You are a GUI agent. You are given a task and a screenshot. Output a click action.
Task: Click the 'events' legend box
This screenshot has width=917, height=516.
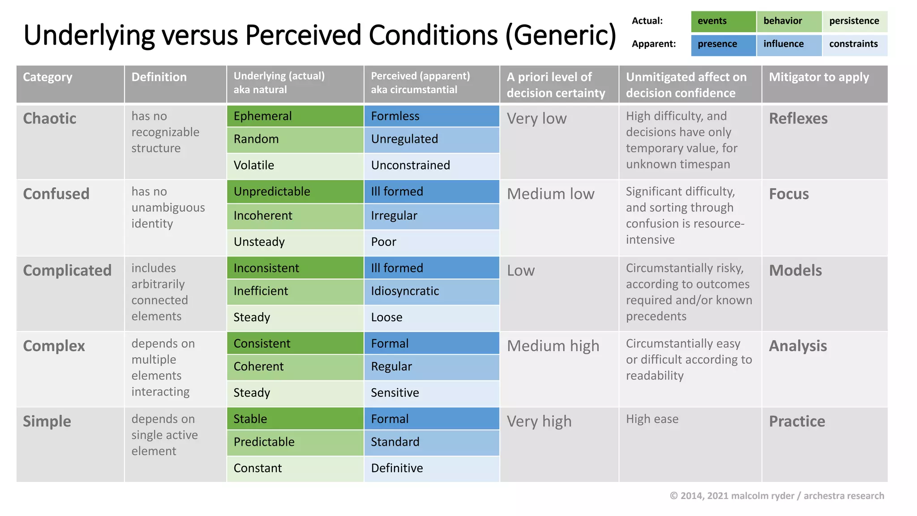point(723,21)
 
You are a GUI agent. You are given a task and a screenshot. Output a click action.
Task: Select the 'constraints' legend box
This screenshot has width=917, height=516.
point(854,44)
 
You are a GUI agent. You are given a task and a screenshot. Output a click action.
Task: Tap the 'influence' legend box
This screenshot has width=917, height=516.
point(789,44)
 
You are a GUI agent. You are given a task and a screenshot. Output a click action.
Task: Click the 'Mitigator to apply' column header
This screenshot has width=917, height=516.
point(824,84)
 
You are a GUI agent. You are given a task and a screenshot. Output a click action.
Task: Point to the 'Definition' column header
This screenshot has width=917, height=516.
point(175,84)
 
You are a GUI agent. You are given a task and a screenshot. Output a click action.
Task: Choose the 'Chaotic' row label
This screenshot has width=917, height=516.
point(50,119)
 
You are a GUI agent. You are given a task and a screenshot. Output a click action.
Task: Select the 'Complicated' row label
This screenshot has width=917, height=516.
point(67,271)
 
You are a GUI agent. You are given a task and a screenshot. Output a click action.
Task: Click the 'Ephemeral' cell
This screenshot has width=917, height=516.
point(295,116)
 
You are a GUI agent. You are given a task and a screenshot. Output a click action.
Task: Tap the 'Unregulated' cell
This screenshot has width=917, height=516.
point(432,139)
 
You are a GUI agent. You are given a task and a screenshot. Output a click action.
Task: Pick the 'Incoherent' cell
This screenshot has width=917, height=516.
point(295,216)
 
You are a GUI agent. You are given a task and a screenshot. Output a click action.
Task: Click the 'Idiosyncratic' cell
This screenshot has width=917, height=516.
point(432,292)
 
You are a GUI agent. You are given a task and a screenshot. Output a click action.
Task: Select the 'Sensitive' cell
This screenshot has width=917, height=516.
point(432,393)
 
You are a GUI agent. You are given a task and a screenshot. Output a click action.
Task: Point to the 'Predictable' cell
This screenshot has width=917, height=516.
point(295,442)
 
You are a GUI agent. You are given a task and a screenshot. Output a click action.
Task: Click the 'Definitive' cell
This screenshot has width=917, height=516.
point(432,469)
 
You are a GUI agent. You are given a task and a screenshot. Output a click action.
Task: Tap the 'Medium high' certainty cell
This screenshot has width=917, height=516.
point(553,346)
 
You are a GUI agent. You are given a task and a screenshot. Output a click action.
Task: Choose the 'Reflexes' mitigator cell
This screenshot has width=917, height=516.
point(798,119)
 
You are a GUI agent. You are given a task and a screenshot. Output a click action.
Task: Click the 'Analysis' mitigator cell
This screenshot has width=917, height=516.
point(798,346)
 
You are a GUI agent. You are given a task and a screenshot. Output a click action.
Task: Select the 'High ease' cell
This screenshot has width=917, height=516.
point(652,419)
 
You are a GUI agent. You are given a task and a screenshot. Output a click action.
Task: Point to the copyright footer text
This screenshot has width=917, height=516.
point(777,496)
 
